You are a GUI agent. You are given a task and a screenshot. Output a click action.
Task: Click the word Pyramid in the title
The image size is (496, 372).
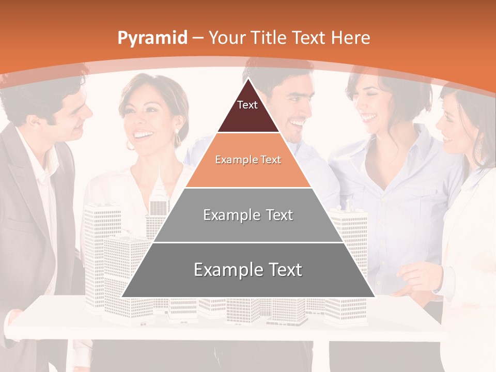click(x=152, y=38)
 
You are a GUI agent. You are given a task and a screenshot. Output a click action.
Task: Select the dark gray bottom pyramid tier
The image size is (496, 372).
click(x=155, y=282)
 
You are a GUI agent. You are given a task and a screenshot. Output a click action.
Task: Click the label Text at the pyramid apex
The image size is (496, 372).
click(x=247, y=105)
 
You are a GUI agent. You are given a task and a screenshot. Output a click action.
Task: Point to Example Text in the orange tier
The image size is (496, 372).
click(x=248, y=160)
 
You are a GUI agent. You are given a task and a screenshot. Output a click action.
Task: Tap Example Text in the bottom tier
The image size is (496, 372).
click(x=248, y=270)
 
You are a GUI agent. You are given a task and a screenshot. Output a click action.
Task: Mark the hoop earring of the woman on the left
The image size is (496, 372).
click(x=177, y=138)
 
